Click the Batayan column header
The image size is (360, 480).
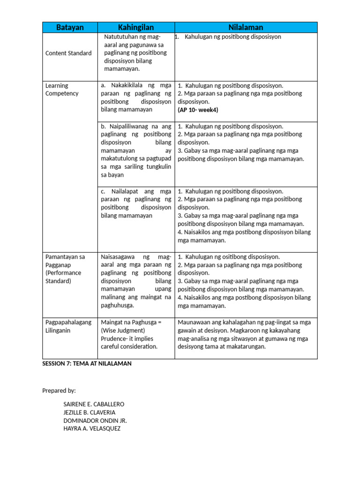pyautogui.click(x=70, y=28)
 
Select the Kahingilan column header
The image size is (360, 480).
pyautogui.click(x=136, y=28)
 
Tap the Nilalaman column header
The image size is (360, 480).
pyautogui.click(x=246, y=28)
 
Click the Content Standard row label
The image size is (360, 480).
pyautogui.click(x=68, y=53)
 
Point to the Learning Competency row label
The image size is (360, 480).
pyautogui.click(x=62, y=90)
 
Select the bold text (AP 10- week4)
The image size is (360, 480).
pyautogui.click(x=198, y=110)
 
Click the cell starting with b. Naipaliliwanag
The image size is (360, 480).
pyautogui.click(x=136, y=150)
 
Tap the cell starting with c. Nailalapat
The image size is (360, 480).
pyautogui.click(x=136, y=203)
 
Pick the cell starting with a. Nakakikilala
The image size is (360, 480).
pyautogui.click(x=136, y=97)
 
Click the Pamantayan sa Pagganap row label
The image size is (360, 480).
pyautogui.click(x=65, y=269)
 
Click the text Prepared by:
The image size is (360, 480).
pyautogui.click(x=59, y=390)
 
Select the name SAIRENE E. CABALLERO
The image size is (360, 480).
pyautogui.click(x=94, y=404)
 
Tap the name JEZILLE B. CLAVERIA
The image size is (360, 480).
pyautogui.click(x=90, y=412)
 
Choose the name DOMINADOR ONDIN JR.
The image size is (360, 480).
pyautogui.click(x=95, y=420)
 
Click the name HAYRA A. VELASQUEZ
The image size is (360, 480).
pyautogui.click(x=92, y=428)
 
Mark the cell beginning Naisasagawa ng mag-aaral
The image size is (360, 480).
pyautogui.click(x=136, y=281)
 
